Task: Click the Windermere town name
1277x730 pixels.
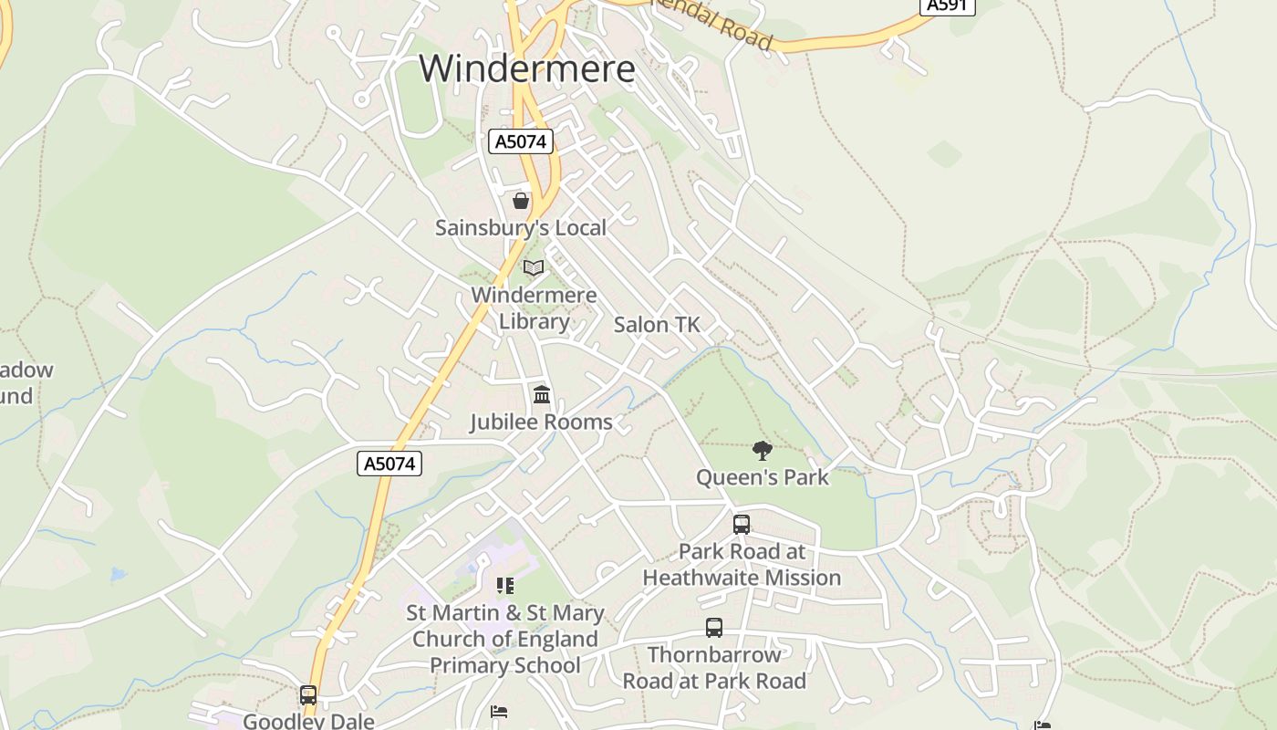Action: click(527, 68)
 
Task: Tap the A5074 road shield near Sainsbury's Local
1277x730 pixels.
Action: click(521, 141)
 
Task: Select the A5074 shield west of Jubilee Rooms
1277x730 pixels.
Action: click(389, 464)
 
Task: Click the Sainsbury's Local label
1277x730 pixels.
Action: click(520, 227)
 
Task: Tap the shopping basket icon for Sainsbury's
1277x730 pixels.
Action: click(521, 200)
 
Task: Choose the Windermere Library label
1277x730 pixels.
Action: click(534, 308)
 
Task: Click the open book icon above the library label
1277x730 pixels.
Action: click(534, 267)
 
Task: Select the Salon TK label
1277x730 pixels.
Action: click(657, 324)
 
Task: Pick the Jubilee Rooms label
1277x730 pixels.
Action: click(541, 422)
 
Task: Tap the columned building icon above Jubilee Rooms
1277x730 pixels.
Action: click(542, 395)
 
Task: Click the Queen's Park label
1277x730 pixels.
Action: click(763, 476)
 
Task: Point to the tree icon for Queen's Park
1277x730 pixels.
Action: click(762, 450)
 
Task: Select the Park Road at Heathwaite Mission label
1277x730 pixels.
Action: click(742, 564)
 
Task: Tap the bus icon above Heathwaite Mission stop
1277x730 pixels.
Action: click(742, 525)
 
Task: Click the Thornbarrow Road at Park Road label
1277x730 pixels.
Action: click(714, 667)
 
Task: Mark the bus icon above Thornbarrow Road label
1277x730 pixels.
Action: click(714, 628)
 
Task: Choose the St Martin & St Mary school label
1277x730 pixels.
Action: click(504, 639)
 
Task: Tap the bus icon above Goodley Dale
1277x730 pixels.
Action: click(308, 695)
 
